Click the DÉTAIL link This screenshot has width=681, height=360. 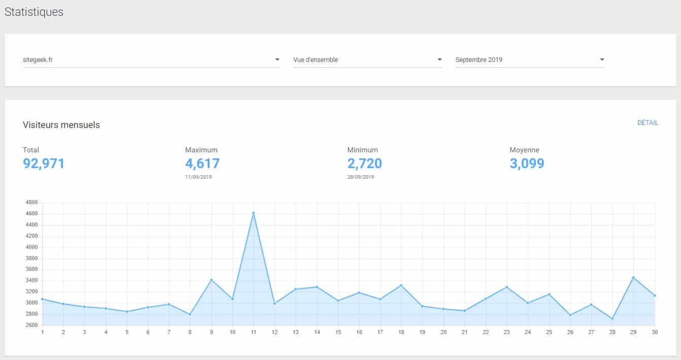tap(648, 123)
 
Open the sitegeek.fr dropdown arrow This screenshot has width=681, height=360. tap(277, 60)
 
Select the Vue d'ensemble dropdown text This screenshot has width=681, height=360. tap(316, 60)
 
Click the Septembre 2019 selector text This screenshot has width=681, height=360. tap(479, 60)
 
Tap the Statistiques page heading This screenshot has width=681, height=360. tap(34, 12)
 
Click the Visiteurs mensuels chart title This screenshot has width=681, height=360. tap(61, 125)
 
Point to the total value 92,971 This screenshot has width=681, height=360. tap(44, 163)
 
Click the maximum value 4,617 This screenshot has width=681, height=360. tap(202, 163)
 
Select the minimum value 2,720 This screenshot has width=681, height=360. tap(364, 163)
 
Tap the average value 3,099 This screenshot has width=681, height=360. tap(527, 163)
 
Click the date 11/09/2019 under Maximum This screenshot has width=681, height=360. tap(198, 177)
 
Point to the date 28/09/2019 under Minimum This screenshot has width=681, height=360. tap(361, 177)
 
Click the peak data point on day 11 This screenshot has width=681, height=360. tap(253, 213)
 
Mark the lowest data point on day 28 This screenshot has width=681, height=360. tap(612, 319)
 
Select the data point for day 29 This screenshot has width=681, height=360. tap(633, 277)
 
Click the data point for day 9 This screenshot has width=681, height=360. tap(211, 280)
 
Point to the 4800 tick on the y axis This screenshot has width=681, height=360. tap(31, 202)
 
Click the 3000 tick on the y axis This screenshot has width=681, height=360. tap(31, 303)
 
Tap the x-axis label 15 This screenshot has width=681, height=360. tap(338, 332)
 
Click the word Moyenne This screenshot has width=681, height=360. tap(524, 150)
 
